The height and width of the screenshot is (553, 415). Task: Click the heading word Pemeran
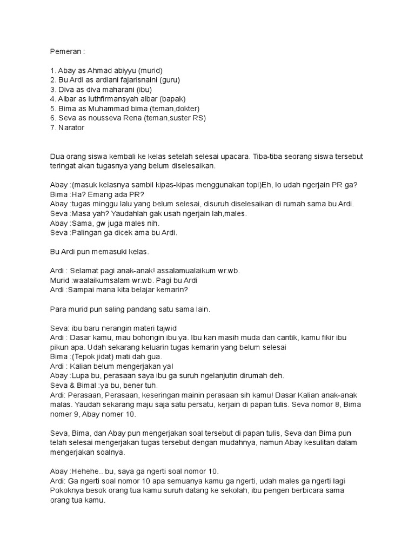tap(65, 52)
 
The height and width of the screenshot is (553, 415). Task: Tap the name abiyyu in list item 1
tap(123, 71)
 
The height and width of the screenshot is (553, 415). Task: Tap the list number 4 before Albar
tap(52, 99)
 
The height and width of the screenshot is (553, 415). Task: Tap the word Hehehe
tap(85, 470)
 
